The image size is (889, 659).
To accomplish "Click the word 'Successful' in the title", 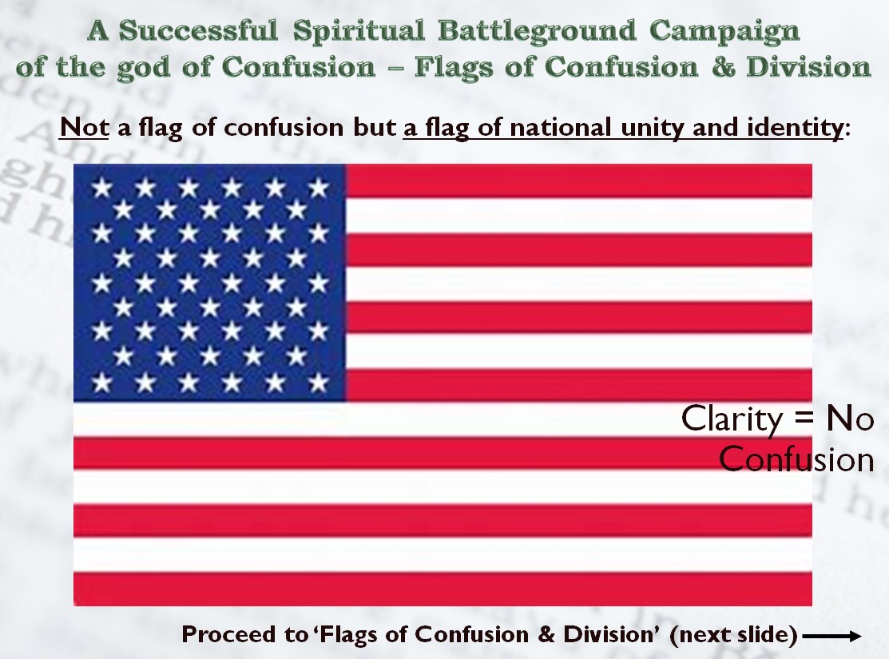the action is [198, 30].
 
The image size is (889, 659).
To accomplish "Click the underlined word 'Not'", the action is [84, 127].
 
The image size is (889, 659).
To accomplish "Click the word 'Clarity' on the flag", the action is [732, 419].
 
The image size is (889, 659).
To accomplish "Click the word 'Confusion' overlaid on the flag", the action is [796, 459].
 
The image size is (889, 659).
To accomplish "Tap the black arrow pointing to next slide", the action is [832, 637].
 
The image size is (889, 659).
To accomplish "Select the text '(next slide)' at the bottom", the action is [734, 634].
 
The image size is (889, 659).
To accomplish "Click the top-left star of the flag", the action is [101, 187].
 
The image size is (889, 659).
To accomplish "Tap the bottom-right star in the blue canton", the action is [319, 383].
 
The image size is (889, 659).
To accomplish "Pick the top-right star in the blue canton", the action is [319, 187].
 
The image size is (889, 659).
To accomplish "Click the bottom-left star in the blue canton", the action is [101, 383].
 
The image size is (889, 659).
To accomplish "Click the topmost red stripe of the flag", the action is [579, 181].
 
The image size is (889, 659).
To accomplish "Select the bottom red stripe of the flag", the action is [443, 590].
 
